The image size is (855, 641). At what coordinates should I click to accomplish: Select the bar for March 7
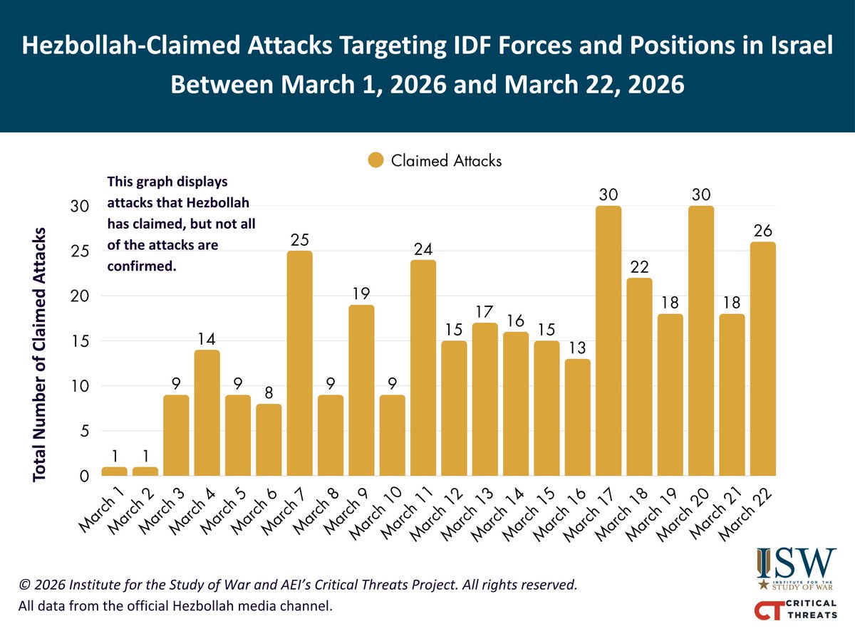299,363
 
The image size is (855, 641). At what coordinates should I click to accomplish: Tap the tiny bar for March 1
114,471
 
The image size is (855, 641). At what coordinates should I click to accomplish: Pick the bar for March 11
423,368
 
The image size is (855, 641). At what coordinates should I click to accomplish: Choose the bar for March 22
763,359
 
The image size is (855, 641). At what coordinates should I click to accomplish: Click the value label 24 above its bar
423,249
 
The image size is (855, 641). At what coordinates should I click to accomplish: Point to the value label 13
577,348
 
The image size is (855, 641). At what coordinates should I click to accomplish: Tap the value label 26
763,231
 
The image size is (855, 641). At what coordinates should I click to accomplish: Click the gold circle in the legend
375,161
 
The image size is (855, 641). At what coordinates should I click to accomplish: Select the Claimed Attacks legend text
446,161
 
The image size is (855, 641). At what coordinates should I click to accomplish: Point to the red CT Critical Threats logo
796,610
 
